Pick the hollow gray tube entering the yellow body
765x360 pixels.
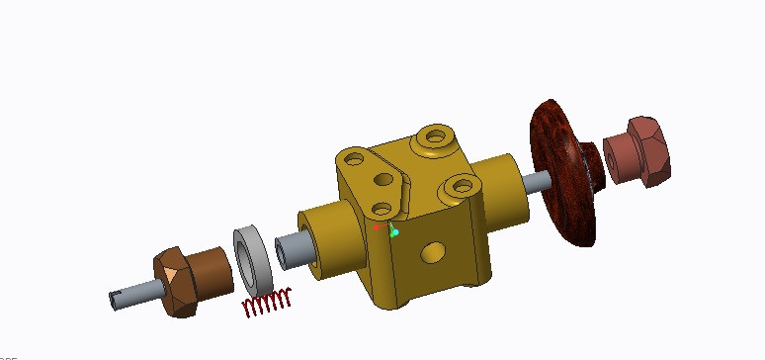pyautogui.click(x=287, y=251)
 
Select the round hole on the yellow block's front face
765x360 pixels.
pyautogui.click(x=432, y=253)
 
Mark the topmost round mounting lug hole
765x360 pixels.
pyautogui.click(x=432, y=138)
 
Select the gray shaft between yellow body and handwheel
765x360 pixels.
pyautogui.click(x=540, y=181)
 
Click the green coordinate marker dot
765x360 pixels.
pyautogui.click(x=394, y=233)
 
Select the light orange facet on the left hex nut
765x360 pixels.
pyautogui.click(x=171, y=273)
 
